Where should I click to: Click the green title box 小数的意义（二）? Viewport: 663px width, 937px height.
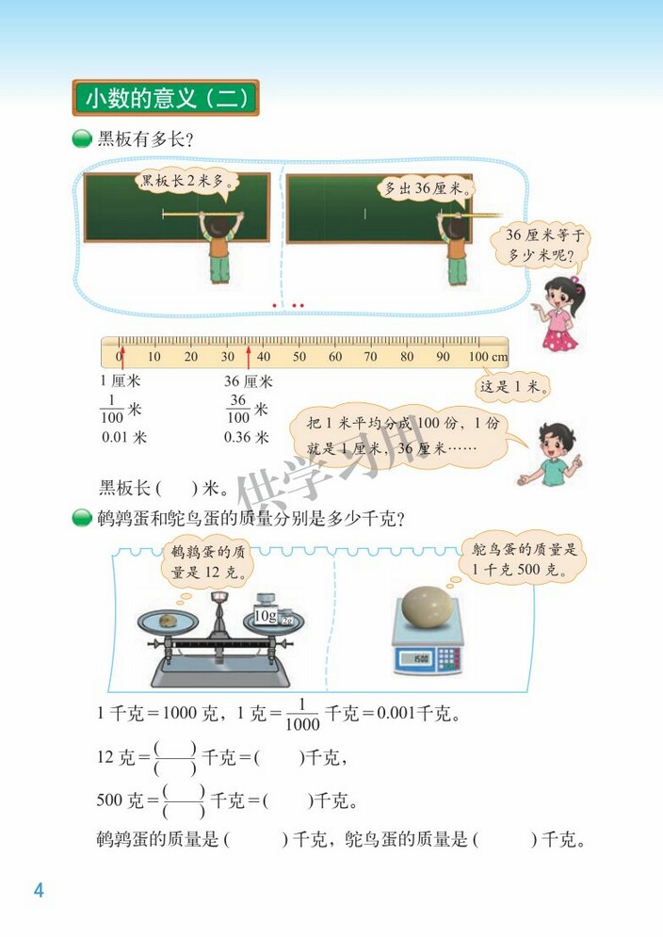coord(165,98)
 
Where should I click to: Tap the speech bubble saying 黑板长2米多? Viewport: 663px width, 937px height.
coord(186,182)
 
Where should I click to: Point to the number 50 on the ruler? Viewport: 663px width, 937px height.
coord(299,357)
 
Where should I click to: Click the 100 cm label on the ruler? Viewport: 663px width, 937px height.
coord(488,357)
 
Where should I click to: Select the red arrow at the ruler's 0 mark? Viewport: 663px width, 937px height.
coord(121,358)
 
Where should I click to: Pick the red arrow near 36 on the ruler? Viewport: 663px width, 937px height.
coord(249,358)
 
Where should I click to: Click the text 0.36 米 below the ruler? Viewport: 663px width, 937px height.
coord(246,437)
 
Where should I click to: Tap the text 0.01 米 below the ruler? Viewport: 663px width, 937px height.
coord(123,437)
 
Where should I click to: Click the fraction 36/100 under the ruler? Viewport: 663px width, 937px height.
coord(238,410)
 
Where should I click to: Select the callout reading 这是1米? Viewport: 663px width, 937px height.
coord(514,385)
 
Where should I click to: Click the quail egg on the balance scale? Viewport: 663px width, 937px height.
coord(168,620)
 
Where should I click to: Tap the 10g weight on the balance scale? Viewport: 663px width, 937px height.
coord(263,617)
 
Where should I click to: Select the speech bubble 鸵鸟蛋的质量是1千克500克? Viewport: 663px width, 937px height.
coord(524,560)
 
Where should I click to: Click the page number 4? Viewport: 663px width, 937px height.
coord(39,890)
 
